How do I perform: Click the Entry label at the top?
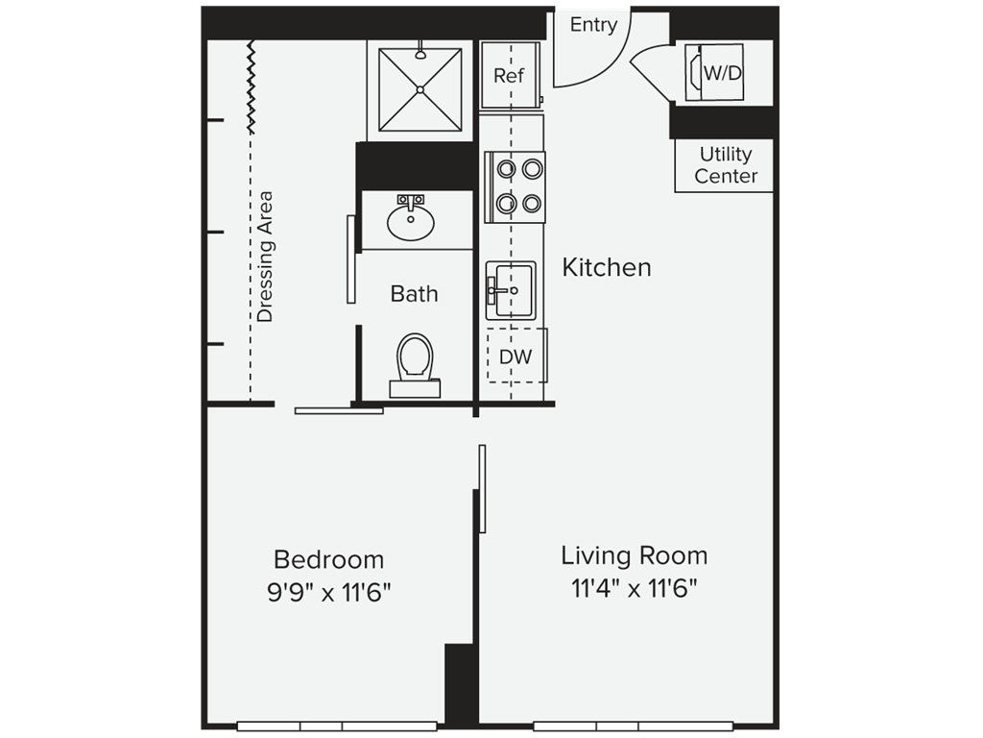pos(593,25)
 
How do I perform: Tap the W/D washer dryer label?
pos(723,73)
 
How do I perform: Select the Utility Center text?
pos(726,165)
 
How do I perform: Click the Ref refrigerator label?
pos(508,75)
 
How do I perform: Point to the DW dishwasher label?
pos(516,357)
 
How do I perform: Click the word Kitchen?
pos(606,267)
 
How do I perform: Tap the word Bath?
pos(414,294)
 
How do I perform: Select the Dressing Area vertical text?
pos(265,257)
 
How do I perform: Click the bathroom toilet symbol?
pos(415,361)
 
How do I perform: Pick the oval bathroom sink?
pos(411,222)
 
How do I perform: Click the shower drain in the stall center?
pos(420,89)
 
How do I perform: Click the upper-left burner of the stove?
pos(506,170)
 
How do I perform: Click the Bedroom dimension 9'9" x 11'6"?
pos(329,592)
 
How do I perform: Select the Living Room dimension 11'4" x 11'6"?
pos(634,588)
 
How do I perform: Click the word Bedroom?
pos(328,559)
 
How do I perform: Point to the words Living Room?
pos(634,555)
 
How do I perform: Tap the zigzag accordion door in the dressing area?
pos(252,86)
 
